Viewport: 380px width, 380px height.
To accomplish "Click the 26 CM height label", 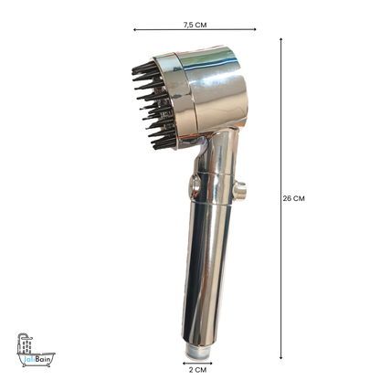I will pyautogui.click(x=294, y=197).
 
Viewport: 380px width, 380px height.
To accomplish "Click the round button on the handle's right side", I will pyautogui.click(x=239, y=190).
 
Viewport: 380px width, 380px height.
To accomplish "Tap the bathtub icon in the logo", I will pyautogui.click(x=28, y=347).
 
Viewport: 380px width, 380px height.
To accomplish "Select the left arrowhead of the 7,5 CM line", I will pyautogui.click(x=136, y=30).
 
